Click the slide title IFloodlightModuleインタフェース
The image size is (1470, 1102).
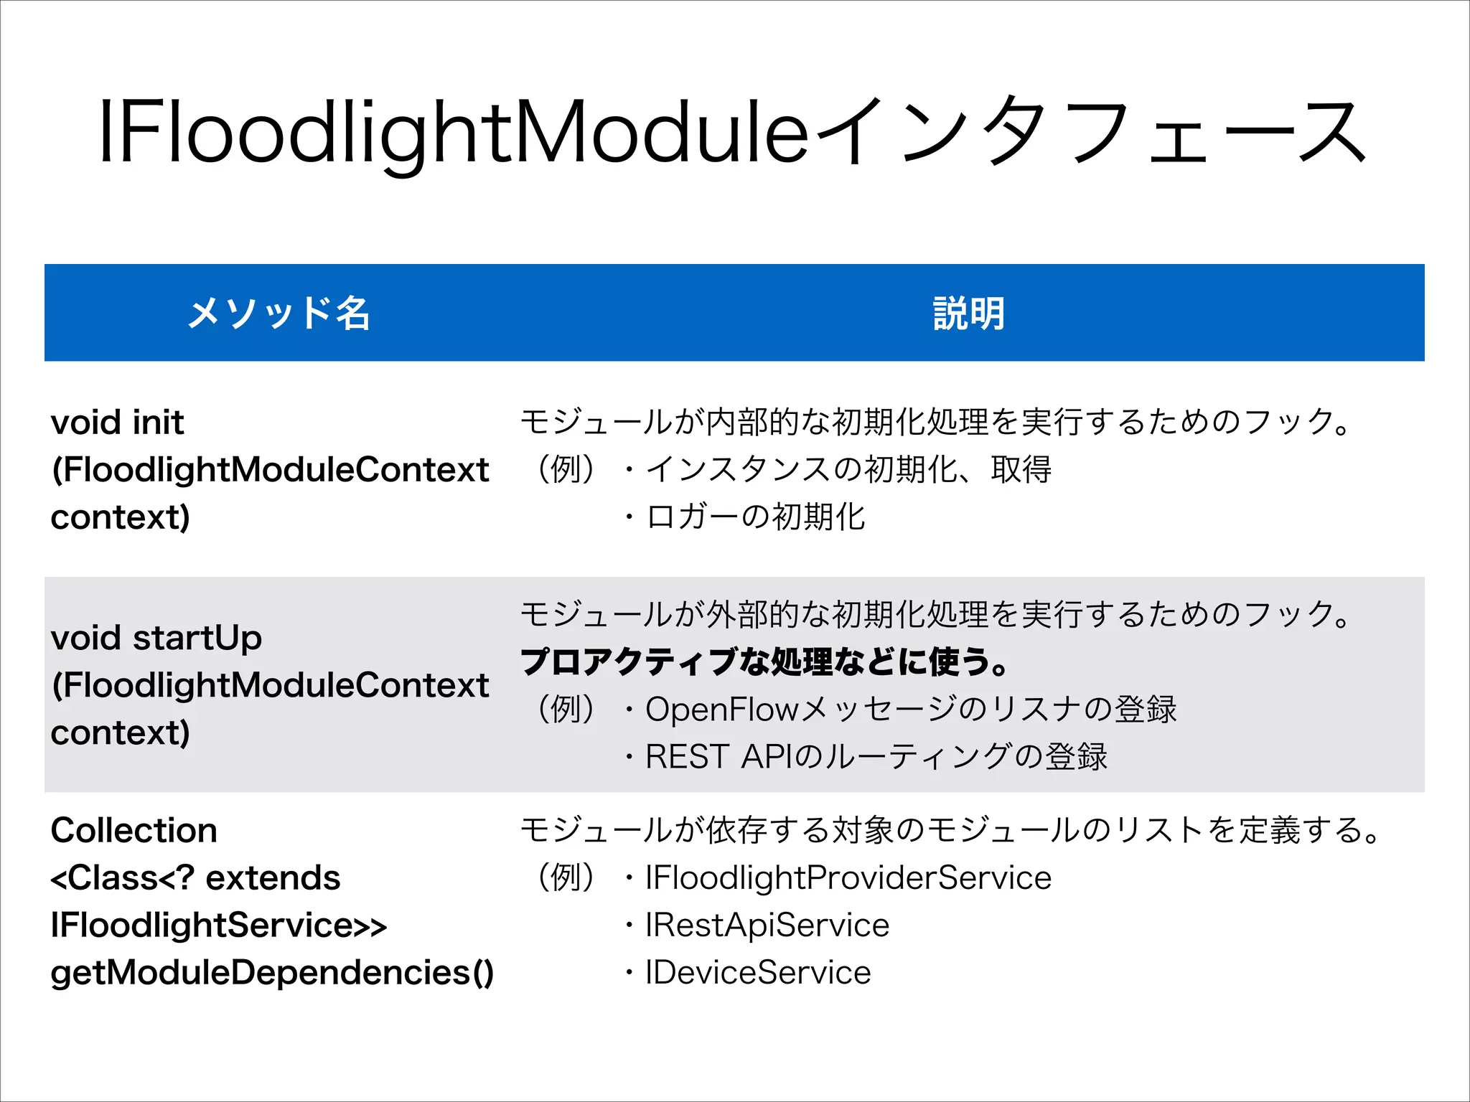tap(732, 133)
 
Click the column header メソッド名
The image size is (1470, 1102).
tap(278, 313)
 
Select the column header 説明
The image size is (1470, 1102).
tap(968, 313)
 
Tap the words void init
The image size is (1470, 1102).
tap(118, 422)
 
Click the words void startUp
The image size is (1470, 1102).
tap(156, 638)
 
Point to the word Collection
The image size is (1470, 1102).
tap(134, 830)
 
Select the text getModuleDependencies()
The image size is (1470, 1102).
tap(272, 973)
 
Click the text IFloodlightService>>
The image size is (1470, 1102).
tap(219, 926)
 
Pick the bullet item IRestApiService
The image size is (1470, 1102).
tap(767, 926)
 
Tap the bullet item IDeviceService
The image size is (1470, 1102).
tap(758, 973)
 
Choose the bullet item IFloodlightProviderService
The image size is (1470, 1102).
tap(848, 878)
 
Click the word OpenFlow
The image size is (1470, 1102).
tap(721, 710)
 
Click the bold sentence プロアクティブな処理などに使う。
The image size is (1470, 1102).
tap(764, 661)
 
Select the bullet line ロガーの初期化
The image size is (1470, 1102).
tap(755, 517)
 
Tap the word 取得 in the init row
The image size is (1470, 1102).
tap(1021, 470)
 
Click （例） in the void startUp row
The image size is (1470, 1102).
tap(566, 710)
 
